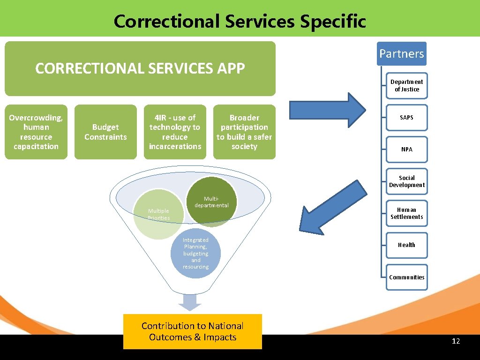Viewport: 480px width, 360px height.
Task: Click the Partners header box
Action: (x=402, y=53)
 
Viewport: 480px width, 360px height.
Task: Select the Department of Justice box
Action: (x=407, y=86)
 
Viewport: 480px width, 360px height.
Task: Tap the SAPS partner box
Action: (x=407, y=117)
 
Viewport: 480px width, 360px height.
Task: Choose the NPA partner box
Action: (x=407, y=150)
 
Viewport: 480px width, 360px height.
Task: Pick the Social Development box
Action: (x=407, y=181)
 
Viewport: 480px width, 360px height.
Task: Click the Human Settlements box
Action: (x=407, y=213)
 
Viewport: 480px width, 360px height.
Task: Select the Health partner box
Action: (x=407, y=245)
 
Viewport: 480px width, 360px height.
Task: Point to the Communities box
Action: (x=407, y=277)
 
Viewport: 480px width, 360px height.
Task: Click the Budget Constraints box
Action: (x=105, y=132)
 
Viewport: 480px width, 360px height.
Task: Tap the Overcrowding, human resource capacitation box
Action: (x=36, y=132)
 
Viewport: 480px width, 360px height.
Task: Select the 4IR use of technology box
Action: (x=175, y=132)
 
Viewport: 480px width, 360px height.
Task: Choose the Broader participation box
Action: (x=244, y=132)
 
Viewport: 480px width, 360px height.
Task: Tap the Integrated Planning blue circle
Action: (x=196, y=254)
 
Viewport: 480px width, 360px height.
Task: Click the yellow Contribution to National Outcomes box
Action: (x=193, y=331)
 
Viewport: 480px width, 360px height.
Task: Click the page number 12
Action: (x=456, y=341)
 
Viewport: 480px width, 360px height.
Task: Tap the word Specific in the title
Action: (x=334, y=22)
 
